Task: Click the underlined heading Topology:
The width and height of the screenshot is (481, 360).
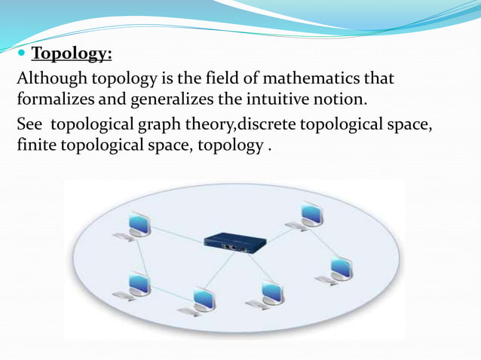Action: click(x=72, y=54)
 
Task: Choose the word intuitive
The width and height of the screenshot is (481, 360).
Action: click(x=274, y=99)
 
